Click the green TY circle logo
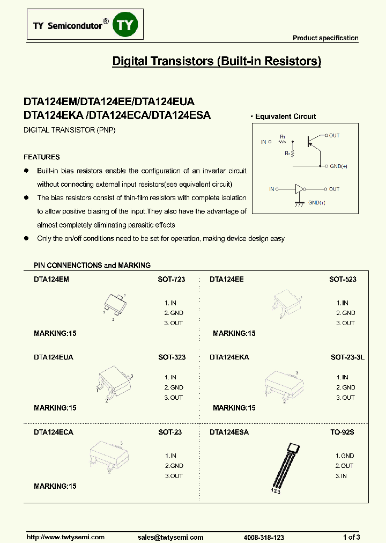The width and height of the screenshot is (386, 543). pyautogui.click(x=125, y=26)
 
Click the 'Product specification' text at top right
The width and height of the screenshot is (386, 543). pyautogui.click(x=325, y=38)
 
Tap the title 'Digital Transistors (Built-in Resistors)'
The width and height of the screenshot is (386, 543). pyautogui.click(x=216, y=61)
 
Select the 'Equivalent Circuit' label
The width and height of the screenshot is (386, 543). pyautogui.click(x=285, y=116)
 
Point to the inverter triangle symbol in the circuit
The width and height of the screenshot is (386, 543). pyautogui.click(x=299, y=189)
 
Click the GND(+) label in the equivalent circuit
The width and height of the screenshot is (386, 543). pyautogui.click(x=339, y=166)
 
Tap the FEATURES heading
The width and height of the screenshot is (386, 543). pyautogui.click(x=42, y=157)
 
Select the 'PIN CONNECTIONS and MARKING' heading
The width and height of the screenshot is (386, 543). pyautogui.click(x=92, y=265)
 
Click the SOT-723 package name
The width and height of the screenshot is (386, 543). pyautogui.click(x=172, y=280)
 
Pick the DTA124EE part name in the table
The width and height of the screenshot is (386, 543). pyautogui.click(x=227, y=280)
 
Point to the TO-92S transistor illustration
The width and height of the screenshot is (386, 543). pyautogui.click(x=284, y=466)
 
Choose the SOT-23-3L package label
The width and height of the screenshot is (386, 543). pyautogui.click(x=347, y=357)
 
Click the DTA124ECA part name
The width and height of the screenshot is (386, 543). pyautogui.click(x=54, y=432)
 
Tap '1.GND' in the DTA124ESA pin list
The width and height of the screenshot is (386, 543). pyautogui.click(x=345, y=456)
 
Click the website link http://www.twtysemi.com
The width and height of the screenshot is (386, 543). pyautogui.click(x=65, y=537)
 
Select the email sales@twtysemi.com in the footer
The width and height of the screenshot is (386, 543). pyautogui.click(x=170, y=537)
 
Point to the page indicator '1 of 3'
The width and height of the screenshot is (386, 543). pyautogui.click(x=351, y=537)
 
